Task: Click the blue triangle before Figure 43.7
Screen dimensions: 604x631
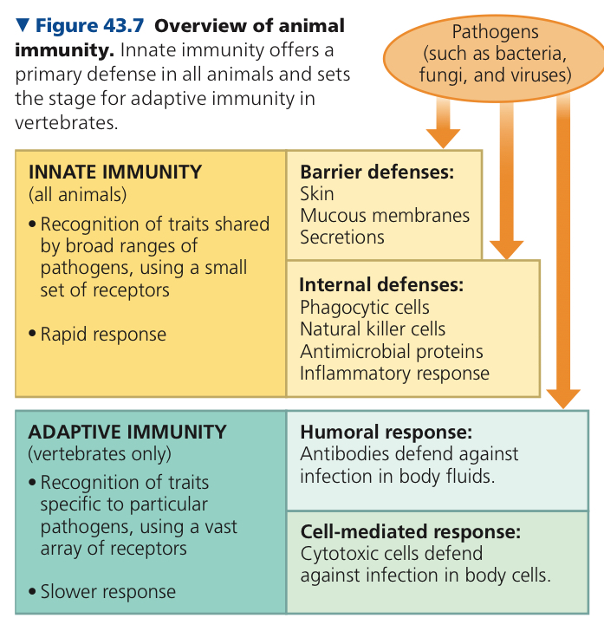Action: [23, 25]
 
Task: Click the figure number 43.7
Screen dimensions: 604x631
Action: [123, 26]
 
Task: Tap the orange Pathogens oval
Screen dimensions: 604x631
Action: [494, 57]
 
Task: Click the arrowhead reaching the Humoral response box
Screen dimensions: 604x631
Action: [563, 399]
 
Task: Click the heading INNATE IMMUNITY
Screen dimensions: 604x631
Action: [115, 172]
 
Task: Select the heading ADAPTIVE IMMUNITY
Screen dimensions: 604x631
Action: [127, 433]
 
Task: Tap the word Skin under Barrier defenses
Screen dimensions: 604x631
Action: [316, 194]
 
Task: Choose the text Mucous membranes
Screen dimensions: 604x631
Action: [385, 216]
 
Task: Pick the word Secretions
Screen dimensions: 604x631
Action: [342, 237]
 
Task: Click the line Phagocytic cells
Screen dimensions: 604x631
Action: [365, 308]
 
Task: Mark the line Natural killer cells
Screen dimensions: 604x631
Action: [373, 329]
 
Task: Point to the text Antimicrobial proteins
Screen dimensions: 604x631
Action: [392, 352]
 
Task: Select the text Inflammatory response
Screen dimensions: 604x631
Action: [395, 374]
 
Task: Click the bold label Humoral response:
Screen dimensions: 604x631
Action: [386, 433]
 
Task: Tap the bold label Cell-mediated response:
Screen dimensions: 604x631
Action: [411, 531]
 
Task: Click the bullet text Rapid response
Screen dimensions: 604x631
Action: [103, 335]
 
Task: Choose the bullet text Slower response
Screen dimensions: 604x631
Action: [107, 592]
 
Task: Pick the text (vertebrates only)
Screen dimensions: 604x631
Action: [100, 454]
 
